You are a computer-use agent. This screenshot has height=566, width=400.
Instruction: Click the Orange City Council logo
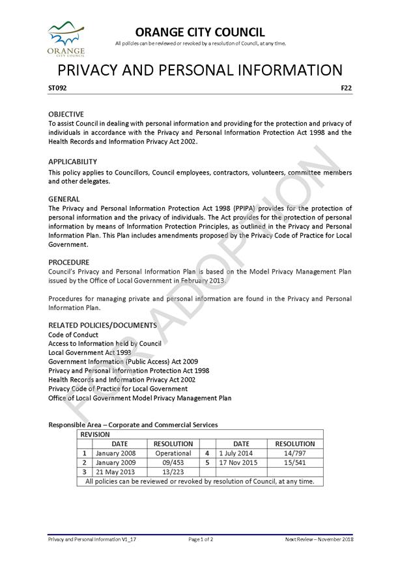[66, 38]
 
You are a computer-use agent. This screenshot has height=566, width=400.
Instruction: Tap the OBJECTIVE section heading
[66, 114]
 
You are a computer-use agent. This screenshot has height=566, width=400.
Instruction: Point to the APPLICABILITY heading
[72, 162]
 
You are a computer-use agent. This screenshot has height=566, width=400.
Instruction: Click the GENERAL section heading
[64, 199]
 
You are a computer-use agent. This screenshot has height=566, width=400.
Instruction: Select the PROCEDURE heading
[69, 262]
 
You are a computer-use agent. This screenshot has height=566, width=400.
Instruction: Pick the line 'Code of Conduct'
[72, 334]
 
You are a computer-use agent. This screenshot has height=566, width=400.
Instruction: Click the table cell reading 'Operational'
[173, 453]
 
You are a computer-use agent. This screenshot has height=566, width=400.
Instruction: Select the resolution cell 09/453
[173, 463]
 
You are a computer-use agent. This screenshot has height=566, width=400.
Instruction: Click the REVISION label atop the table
[94, 434]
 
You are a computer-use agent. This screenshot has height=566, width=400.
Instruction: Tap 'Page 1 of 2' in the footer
[201, 540]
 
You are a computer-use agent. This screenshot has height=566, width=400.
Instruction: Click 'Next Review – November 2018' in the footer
[319, 540]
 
